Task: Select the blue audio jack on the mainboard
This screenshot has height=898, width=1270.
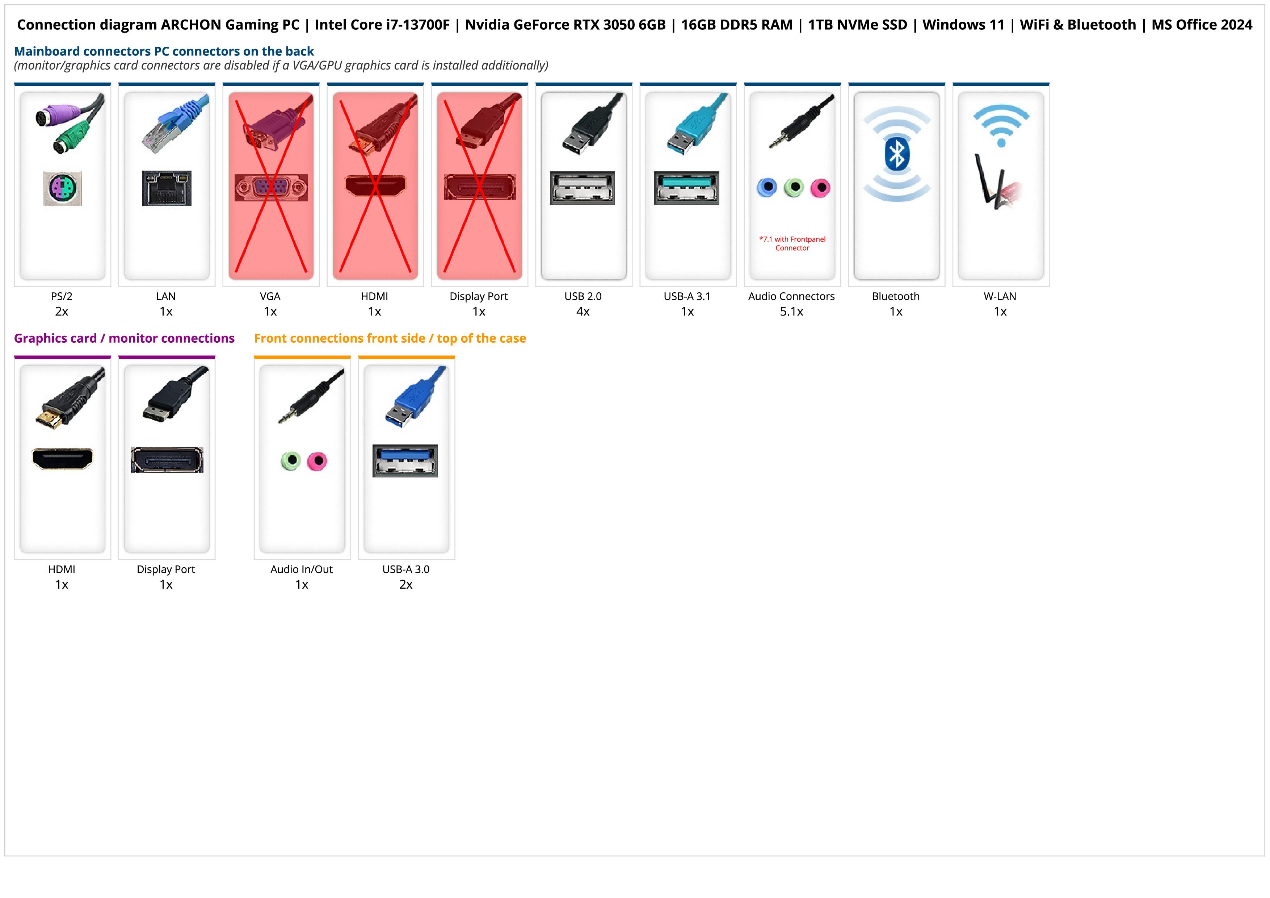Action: pos(767,188)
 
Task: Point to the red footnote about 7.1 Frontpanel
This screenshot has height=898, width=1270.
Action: pos(792,243)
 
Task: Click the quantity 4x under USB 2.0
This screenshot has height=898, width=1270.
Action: pos(583,312)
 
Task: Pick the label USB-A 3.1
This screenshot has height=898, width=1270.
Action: pos(687,296)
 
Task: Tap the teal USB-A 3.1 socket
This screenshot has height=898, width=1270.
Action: pos(686,188)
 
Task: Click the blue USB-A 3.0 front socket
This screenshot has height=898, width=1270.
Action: pos(405,460)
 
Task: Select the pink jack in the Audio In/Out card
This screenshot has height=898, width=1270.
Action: pos(317,461)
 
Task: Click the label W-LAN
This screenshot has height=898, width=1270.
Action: pos(1000,296)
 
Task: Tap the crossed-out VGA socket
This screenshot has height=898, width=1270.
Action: pos(270,188)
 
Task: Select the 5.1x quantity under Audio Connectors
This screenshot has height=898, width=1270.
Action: pos(791,312)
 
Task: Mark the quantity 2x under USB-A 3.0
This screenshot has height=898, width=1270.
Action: pos(406,584)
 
